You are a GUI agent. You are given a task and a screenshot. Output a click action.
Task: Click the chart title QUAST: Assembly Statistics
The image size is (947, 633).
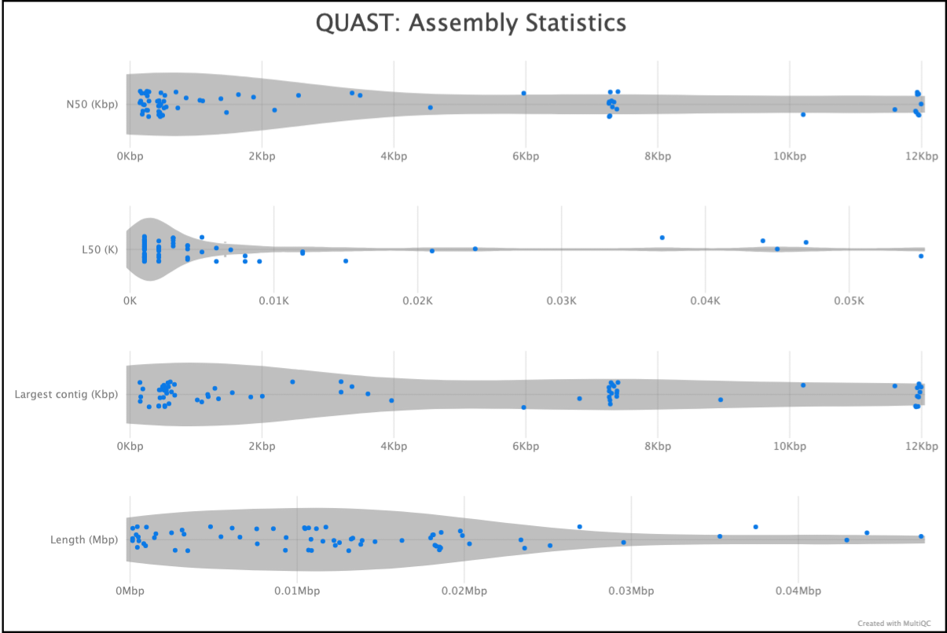(x=471, y=24)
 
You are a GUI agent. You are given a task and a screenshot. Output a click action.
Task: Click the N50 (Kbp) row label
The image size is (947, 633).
(x=92, y=105)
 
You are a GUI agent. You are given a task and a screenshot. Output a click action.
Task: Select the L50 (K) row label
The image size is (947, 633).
(x=100, y=250)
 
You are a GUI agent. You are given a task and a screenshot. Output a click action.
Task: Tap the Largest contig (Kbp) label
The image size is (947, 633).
(x=66, y=394)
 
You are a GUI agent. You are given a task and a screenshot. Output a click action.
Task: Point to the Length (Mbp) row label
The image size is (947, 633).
(x=84, y=539)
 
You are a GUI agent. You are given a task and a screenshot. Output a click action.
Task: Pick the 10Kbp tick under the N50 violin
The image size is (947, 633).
(x=790, y=156)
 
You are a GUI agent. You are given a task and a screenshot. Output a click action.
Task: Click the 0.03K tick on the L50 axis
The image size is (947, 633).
(x=561, y=301)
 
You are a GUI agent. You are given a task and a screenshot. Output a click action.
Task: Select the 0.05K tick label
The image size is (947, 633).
(x=849, y=301)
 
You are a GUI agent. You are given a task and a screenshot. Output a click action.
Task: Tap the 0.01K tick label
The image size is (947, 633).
(x=273, y=301)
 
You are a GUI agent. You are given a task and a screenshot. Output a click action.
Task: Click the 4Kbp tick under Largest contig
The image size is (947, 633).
(x=394, y=447)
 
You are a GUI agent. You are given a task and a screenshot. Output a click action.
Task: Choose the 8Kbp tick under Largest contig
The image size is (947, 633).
(x=658, y=447)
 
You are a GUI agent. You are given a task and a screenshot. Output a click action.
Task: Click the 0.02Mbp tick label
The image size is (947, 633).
(x=464, y=591)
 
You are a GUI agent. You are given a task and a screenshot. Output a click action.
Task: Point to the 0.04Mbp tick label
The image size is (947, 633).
(x=798, y=591)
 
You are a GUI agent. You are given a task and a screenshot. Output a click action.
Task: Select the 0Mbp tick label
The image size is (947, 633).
(x=129, y=591)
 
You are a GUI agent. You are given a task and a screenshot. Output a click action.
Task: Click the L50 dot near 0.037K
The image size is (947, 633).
(x=662, y=237)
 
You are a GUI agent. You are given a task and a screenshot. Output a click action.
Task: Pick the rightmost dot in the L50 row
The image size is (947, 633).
(x=920, y=256)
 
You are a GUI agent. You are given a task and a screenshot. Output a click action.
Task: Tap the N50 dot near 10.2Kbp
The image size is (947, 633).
(x=802, y=115)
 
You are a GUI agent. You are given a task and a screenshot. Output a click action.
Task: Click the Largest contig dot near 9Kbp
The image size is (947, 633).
(x=720, y=399)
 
